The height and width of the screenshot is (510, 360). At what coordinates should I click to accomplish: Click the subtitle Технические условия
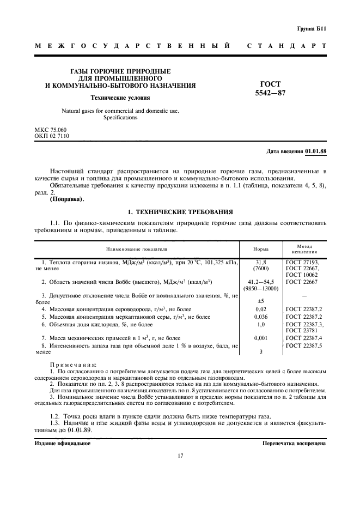pos(120,98)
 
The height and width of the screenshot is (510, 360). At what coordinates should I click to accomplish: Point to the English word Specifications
pos(120,117)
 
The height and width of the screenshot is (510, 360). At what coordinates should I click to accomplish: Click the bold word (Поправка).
pos(67,199)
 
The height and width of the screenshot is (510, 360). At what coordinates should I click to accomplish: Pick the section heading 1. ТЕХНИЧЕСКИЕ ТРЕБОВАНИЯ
pos(180,211)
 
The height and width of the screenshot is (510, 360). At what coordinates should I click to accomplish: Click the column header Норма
pos(261,249)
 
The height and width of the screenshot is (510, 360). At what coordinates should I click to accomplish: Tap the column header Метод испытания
pos(304,249)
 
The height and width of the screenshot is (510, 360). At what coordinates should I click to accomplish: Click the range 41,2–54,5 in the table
pos(261,282)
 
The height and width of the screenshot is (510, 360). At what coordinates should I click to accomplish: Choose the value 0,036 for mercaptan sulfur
pos(261,317)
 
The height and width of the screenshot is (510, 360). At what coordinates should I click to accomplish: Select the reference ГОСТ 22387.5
pos(304,345)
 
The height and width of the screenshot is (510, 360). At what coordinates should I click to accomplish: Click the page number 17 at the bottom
pos(180,456)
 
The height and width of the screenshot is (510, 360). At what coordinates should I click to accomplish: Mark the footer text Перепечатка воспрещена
pos(294,443)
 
